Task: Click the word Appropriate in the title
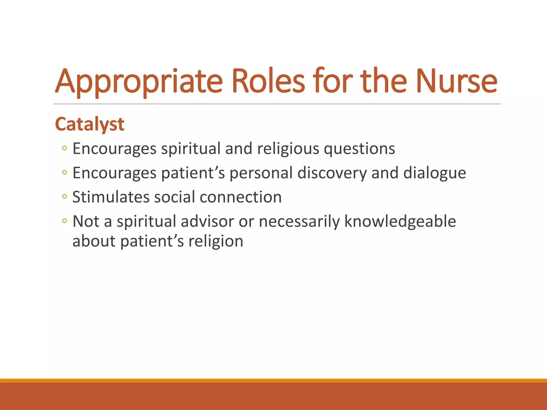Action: (139, 81)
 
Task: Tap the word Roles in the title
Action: (268, 81)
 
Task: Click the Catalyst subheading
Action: (89, 124)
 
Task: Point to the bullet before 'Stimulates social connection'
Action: (64, 197)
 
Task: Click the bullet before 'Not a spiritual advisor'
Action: (64, 221)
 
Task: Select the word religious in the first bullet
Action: (288, 149)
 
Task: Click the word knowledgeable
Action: (400, 221)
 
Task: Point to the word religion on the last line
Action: (216, 241)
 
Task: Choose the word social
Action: (174, 197)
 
